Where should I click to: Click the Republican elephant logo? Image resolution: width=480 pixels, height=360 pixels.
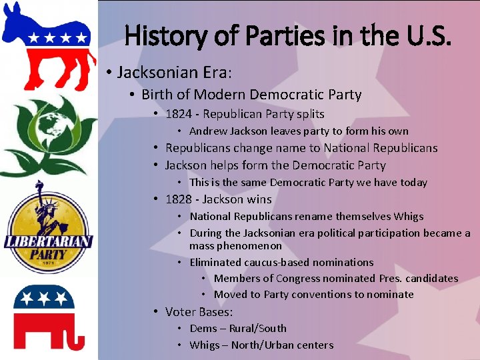pos(48,316)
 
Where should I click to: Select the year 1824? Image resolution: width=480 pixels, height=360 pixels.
pos(179,114)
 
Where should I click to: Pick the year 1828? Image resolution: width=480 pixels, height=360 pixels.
pos(179,199)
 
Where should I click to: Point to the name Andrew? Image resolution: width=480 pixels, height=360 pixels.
pos(209,131)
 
